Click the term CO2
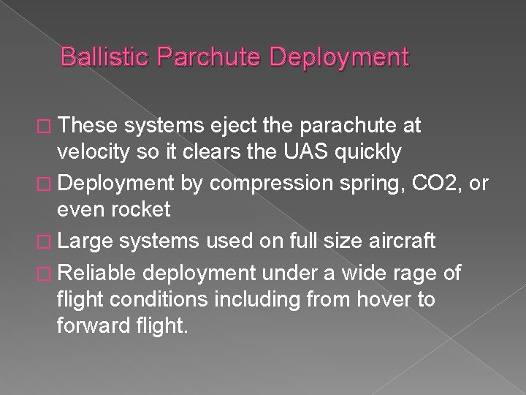(x=423, y=182)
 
